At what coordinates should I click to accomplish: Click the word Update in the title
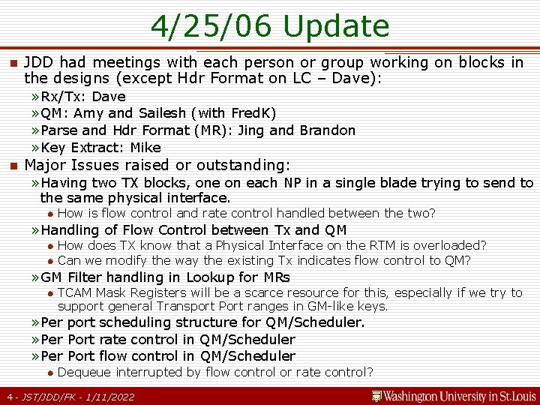point(337,27)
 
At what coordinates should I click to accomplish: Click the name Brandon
point(328,130)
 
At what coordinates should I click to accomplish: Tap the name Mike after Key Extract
point(145,147)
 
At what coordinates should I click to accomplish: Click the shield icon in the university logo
point(376,396)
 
